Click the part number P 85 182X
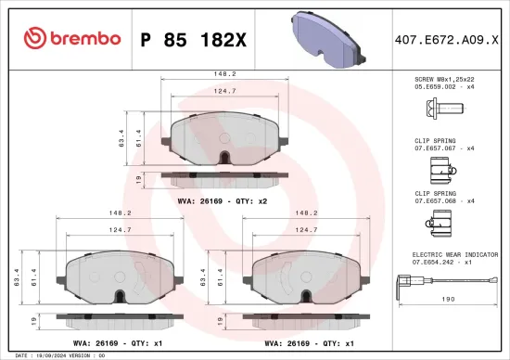(195, 38)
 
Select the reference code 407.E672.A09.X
(448, 38)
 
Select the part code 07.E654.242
(438, 262)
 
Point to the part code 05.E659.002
(438, 89)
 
